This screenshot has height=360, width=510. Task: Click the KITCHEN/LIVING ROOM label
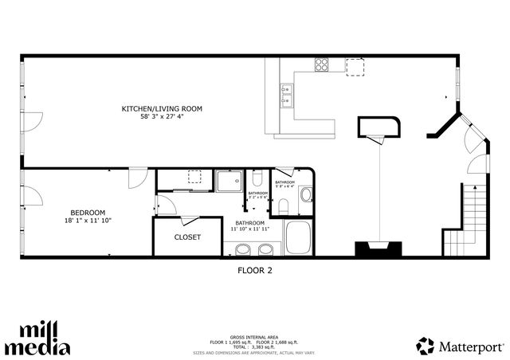tap(162, 108)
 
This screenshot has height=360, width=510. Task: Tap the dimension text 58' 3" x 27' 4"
tap(162, 117)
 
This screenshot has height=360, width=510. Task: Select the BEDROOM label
tap(88, 212)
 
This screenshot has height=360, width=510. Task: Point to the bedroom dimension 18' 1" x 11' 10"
tap(88, 221)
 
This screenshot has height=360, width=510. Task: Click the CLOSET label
tap(187, 237)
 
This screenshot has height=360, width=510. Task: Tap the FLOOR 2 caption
tap(255, 270)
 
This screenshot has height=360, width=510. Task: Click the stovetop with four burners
tap(323, 65)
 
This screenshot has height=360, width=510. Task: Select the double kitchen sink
tap(285, 95)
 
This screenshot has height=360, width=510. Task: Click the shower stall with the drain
tap(229, 182)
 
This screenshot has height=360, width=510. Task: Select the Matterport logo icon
tap(425, 346)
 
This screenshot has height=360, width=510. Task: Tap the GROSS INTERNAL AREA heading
tap(255, 337)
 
